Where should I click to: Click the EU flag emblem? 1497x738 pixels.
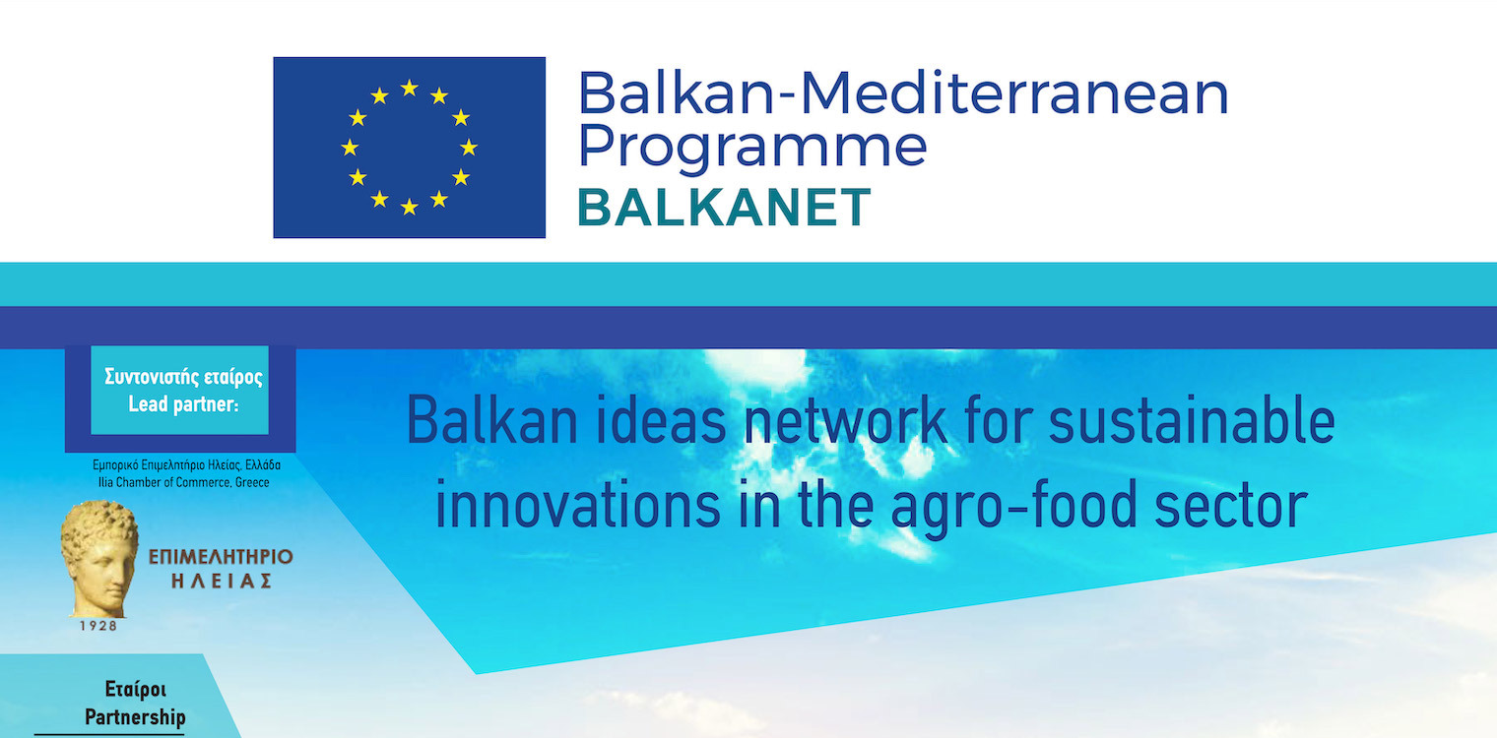(x=409, y=147)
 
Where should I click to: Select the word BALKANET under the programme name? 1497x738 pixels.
(x=724, y=207)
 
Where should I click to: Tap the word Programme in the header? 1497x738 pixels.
(x=751, y=147)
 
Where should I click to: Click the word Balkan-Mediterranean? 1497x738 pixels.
(x=903, y=92)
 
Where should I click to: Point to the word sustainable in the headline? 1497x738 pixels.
(x=1192, y=420)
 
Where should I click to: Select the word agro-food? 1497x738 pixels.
(x=1014, y=507)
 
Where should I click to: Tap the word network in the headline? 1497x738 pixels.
(x=845, y=420)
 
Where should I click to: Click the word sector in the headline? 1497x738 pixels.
(x=1231, y=506)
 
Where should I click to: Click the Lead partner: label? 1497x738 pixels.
(x=183, y=404)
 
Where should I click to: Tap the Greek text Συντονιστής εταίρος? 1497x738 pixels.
(x=184, y=377)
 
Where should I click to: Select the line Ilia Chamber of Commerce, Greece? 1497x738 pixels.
(x=184, y=482)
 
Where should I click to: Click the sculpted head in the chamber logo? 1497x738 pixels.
(x=98, y=558)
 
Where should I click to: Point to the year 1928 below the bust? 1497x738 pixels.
(x=98, y=626)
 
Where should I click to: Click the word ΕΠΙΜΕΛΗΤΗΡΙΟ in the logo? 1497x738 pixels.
(x=221, y=557)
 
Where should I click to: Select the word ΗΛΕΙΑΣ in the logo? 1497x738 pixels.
(x=222, y=581)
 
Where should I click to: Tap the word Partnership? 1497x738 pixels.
(x=135, y=718)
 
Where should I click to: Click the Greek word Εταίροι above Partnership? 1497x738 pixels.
(x=136, y=689)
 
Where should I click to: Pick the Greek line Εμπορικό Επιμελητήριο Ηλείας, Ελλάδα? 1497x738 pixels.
(x=186, y=464)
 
